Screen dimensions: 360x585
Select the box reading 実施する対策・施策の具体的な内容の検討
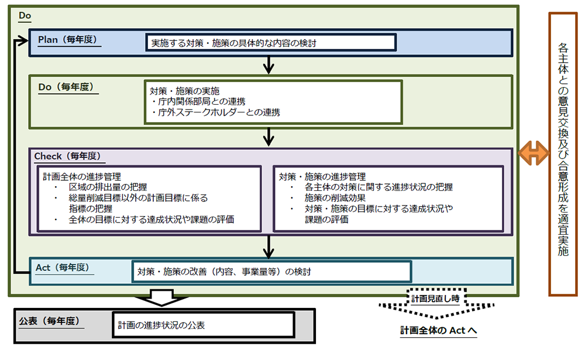pyautogui.click(x=271, y=43)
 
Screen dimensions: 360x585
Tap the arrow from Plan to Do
pyautogui.click(x=269, y=64)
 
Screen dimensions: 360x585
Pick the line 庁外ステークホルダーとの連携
pyautogui.click(x=215, y=112)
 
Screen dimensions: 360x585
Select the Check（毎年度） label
pyautogui.click(x=70, y=156)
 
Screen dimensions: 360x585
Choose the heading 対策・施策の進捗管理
pyautogui.click(x=322, y=176)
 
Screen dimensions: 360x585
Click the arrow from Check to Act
pyautogui.click(x=269, y=246)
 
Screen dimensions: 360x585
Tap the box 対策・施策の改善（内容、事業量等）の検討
pyautogui.click(x=271, y=272)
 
